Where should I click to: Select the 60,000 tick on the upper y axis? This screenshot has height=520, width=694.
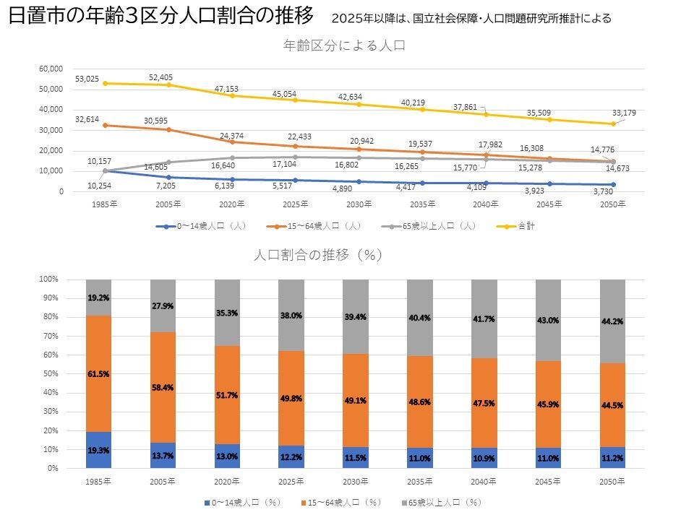point(51,69)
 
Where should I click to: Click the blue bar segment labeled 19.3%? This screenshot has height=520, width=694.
point(98,450)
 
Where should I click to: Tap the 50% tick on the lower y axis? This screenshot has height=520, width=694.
point(48,374)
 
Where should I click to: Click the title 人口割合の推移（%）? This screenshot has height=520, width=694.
point(317,255)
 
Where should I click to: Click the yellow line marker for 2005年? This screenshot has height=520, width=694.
point(168,85)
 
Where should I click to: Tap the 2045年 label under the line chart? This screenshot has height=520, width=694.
point(549,204)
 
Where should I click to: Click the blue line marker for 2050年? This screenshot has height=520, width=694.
point(613,185)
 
